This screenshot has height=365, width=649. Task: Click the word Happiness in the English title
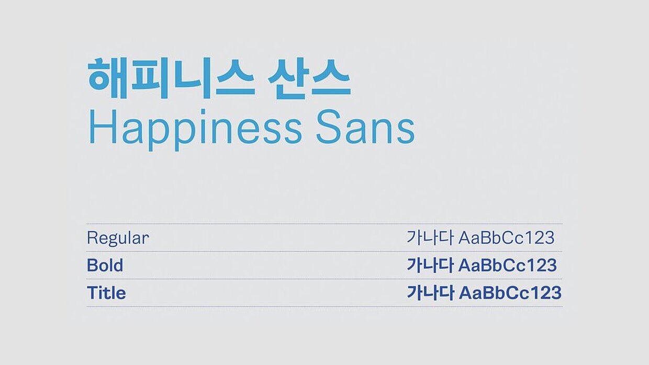click(x=195, y=130)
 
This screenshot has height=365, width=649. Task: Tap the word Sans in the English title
click(x=365, y=127)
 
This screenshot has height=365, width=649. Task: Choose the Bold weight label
click(x=105, y=265)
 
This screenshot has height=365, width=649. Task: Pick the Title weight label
click(x=106, y=293)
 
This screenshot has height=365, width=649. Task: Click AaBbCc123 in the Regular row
click(x=507, y=238)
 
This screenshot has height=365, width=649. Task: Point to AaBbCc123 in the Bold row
click(x=507, y=266)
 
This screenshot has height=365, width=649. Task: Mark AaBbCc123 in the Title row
click(x=510, y=293)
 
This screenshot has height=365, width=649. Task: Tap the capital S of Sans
click(x=329, y=127)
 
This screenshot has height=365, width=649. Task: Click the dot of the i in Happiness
click(x=203, y=111)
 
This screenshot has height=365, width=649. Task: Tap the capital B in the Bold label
click(x=92, y=265)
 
